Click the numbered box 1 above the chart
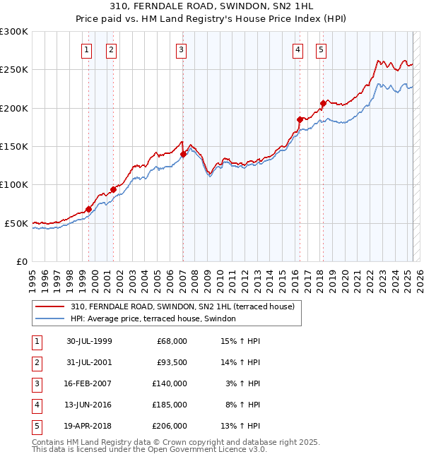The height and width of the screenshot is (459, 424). pos(86,49)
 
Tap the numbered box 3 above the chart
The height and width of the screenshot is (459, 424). pos(182,49)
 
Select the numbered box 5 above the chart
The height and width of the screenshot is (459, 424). pos(321,49)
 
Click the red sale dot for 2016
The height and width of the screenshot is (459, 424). pos(300,119)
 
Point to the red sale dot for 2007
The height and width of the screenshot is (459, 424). pos(183,154)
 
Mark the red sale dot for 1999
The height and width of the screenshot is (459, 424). pos(89,209)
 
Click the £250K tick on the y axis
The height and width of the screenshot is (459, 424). pos(14,70)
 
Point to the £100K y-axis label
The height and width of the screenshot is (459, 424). pos(14,184)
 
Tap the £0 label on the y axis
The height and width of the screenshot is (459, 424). pos(21,261)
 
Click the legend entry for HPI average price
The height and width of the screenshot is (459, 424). pos(153,318)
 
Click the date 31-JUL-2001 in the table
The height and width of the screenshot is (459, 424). pos(89,362)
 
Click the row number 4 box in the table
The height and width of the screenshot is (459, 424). pos(35,405)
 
